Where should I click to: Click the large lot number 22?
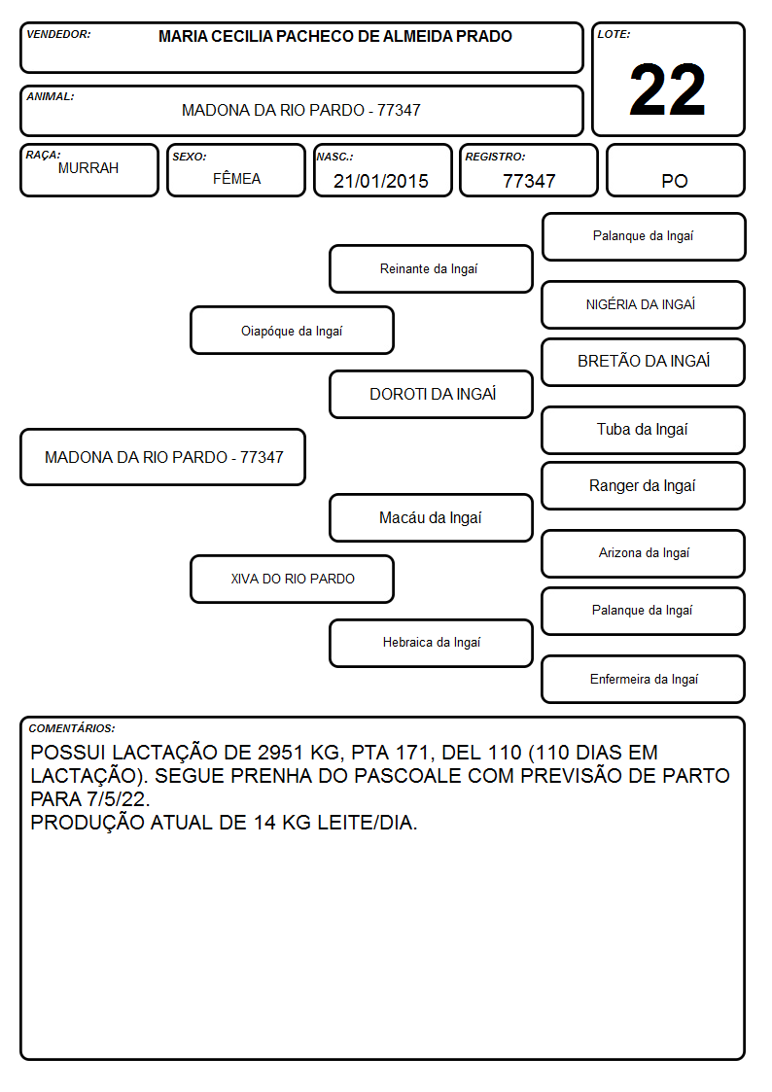667,89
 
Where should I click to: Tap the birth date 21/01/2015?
381,181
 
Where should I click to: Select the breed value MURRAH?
88,168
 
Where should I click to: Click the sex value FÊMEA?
236,178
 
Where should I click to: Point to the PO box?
675,170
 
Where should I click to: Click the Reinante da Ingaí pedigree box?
431,268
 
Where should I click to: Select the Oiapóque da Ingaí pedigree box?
293,330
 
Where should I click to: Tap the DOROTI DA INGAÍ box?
431,394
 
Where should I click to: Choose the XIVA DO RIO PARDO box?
293,579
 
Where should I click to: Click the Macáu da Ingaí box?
431,517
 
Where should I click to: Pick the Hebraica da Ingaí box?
431,643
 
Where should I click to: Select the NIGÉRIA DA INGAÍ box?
644,304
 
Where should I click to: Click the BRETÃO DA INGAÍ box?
644,362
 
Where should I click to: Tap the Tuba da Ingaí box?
644,430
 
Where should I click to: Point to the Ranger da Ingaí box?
644,485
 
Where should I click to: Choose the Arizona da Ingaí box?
644,553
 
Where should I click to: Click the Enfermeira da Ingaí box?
644,679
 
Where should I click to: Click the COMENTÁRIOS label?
72,728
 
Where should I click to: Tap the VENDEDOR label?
58,34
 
